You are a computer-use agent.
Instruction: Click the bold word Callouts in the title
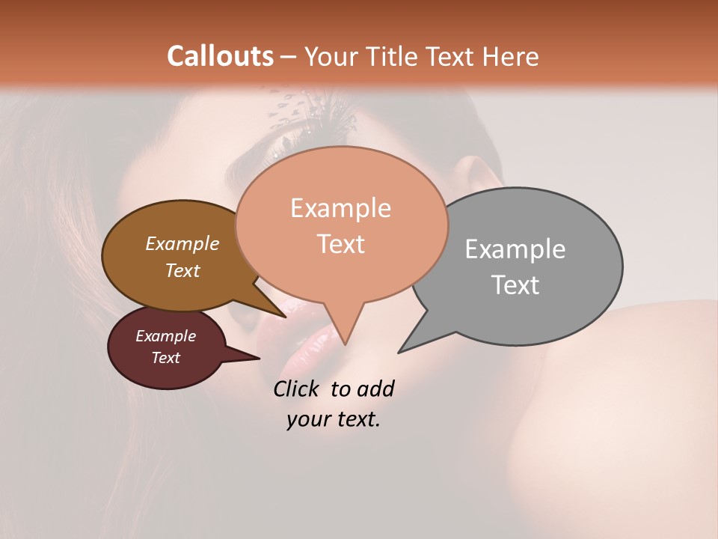tap(220, 56)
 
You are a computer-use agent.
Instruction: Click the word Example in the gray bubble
tap(515, 249)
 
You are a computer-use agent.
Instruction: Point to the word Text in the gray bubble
tap(515, 285)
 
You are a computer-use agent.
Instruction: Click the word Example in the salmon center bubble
tap(340, 208)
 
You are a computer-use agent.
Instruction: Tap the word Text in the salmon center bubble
tap(341, 244)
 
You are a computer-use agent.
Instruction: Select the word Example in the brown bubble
tap(182, 244)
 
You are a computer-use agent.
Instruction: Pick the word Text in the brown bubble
tap(182, 271)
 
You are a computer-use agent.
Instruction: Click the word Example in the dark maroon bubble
tap(165, 337)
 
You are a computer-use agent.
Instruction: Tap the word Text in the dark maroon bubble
tap(165, 358)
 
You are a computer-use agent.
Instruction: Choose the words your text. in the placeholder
tap(333, 419)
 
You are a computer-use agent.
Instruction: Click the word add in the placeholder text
tap(375, 389)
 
